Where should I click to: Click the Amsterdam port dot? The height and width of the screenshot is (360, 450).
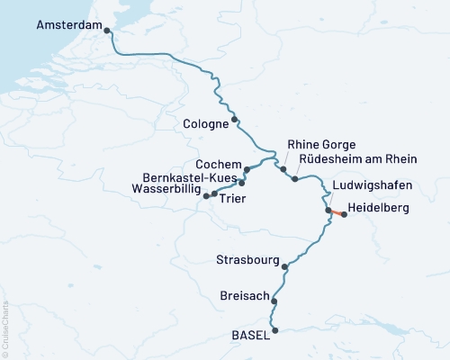[108, 31]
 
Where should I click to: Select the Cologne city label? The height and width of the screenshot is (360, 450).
[204, 125]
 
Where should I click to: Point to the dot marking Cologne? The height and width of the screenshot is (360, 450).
[235, 119]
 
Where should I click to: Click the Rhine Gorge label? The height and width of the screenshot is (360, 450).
[321, 145]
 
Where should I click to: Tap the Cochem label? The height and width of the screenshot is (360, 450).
[218, 165]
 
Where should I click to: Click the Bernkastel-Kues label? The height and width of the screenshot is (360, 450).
[188, 177]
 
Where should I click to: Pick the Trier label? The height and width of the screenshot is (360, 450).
[231, 199]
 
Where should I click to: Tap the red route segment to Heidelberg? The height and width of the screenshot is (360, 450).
[336, 212]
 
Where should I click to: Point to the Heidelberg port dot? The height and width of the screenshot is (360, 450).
[344, 215]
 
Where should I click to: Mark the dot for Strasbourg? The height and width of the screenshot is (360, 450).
[284, 266]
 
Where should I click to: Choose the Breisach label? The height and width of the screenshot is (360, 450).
[245, 295]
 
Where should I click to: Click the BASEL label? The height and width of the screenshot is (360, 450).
[249, 335]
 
